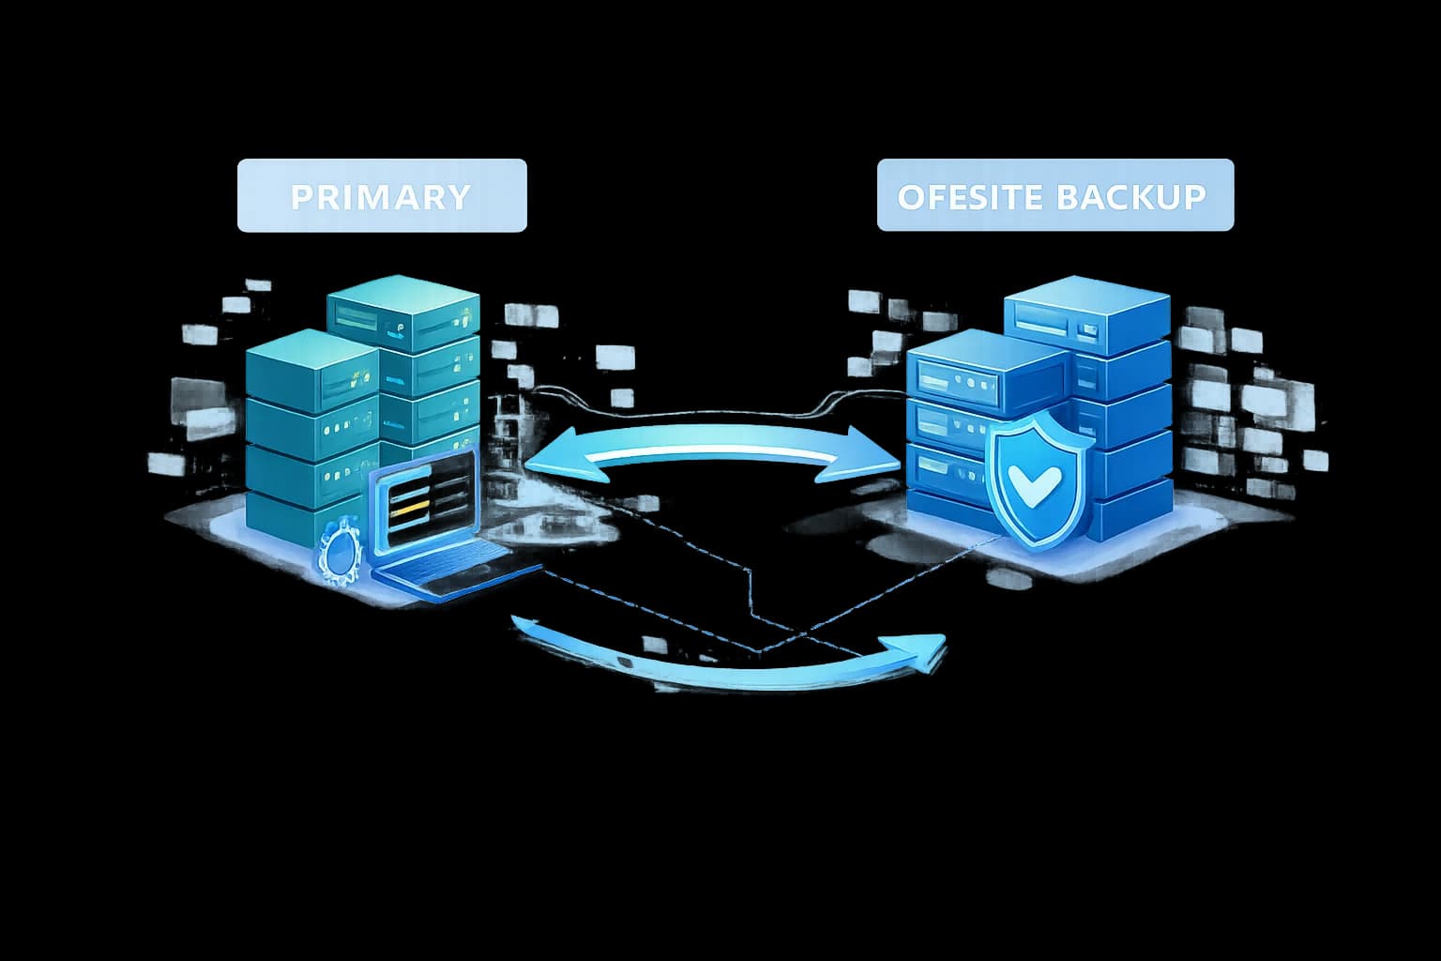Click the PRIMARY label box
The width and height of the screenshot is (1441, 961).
pyautogui.click(x=382, y=195)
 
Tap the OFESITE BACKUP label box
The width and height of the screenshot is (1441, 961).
pyautogui.click(x=1054, y=195)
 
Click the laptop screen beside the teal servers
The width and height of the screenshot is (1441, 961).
pyautogui.click(x=424, y=503)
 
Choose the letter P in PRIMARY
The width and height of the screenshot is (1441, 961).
pyautogui.click(x=301, y=197)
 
